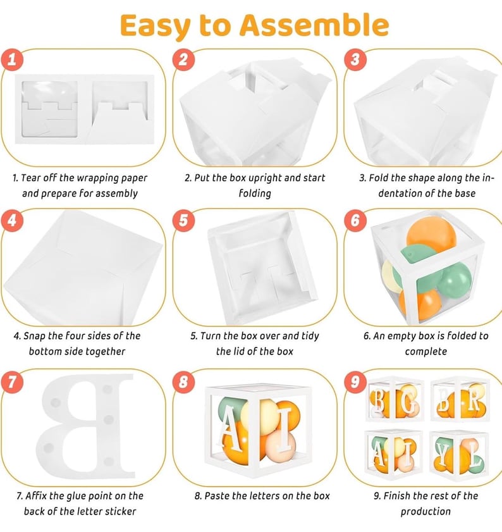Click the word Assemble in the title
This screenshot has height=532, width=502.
pos(314,25)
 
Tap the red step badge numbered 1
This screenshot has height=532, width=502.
pos(12,59)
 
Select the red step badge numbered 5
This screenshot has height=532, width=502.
pos(183,220)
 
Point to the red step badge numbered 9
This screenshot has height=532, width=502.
pos(355,381)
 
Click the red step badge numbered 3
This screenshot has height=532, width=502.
pos(355,59)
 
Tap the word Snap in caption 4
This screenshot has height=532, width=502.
pos(34,337)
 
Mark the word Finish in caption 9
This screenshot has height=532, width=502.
pos(398,496)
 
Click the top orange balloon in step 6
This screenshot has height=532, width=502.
pos(431,233)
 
